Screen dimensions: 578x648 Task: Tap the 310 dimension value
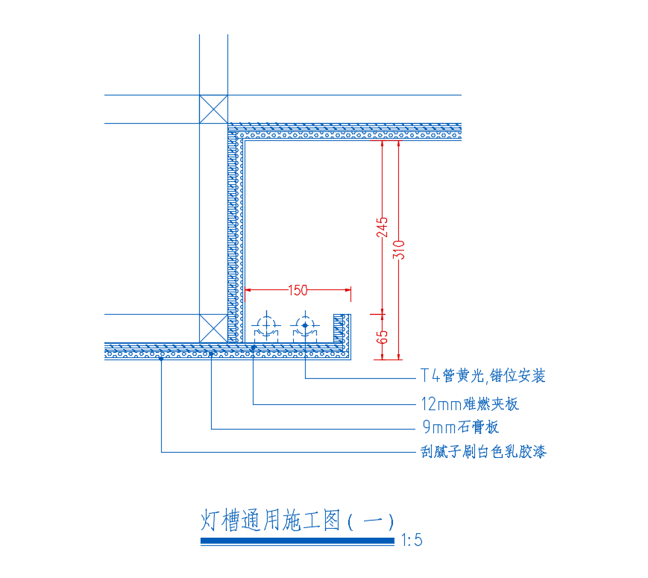click(x=400, y=248)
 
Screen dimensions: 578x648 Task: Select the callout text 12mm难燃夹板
click(x=469, y=404)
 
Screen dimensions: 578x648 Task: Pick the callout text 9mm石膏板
click(x=459, y=428)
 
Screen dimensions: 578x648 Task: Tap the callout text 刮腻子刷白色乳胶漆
click(x=483, y=451)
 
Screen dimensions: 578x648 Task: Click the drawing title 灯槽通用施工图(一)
click(x=298, y=520)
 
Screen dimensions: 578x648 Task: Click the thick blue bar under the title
click(x=297, y=541)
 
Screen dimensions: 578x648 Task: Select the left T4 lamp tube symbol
click(x=265, y=325)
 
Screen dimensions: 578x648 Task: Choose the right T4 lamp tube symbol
click(x=304, y=325)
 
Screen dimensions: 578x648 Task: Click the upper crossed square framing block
click(x=213, y=109)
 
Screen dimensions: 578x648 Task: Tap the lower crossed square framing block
click(x=213, y=328)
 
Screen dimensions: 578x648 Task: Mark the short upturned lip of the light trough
click(x=343, y=328)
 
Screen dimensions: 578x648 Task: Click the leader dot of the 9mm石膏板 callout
click(x=212, y=354)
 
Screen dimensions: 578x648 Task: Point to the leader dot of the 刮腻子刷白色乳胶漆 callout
click(x=162, y=359)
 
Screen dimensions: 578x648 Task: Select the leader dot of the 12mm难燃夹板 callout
click(x=254, y=347)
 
